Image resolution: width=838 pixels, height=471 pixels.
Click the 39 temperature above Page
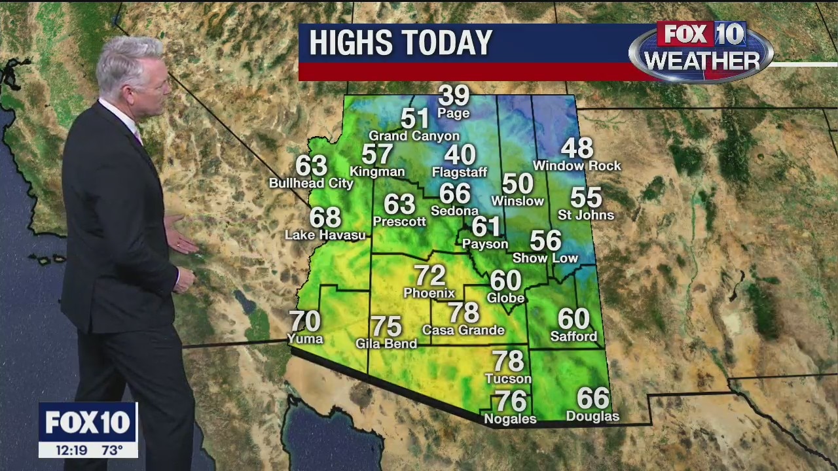click(454, 96)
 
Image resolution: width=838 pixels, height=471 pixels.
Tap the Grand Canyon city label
click(414, 136)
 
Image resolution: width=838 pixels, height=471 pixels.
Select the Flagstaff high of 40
click(460, 155)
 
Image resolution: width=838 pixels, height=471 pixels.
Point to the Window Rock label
click(577, 166)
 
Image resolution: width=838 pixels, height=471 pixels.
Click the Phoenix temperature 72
click(429, 275)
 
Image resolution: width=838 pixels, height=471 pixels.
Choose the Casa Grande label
click(464, 330)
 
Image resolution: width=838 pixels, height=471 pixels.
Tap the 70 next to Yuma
click(305, 321)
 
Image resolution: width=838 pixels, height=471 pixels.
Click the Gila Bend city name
click(386, 343)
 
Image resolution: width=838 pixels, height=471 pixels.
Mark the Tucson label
click(508, 379)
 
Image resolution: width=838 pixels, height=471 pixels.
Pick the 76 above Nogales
click(511, 400)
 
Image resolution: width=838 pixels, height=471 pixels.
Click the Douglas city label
click(592, 417)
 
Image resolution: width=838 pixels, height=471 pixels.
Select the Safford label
click(574, 337)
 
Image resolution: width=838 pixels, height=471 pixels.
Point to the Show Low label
click(545, 258)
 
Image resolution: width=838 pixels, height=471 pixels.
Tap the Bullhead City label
click(311, 183)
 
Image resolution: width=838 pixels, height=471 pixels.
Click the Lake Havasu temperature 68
click(325, 217)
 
